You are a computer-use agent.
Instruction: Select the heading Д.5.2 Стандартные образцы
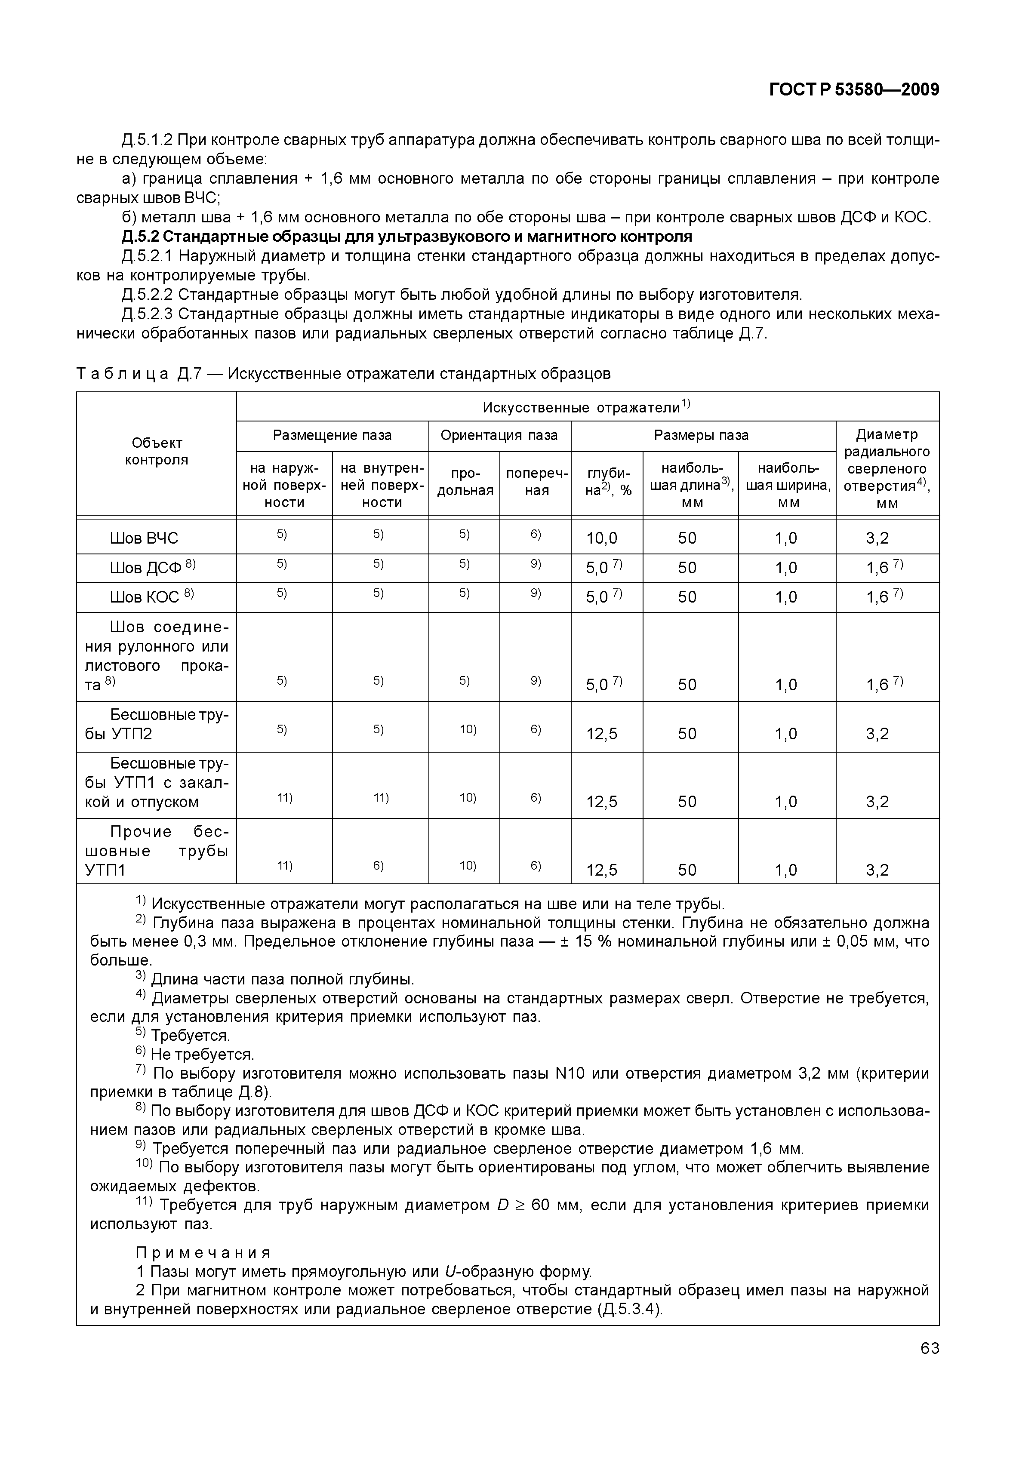[x=406, y=237]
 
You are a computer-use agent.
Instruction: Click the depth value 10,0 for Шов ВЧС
[x=602, y=538]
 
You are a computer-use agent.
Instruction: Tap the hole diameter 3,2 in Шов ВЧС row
[x=877, y=538]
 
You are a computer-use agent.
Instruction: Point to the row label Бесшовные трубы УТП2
[x=157, y=724]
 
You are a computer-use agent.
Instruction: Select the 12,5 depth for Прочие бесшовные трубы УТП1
[x=602, y=870]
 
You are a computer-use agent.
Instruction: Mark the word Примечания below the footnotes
[x=203, y=1253]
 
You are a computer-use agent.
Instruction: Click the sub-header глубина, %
[x=608, y=482]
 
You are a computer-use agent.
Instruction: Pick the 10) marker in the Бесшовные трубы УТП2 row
[x=468, y=729]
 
